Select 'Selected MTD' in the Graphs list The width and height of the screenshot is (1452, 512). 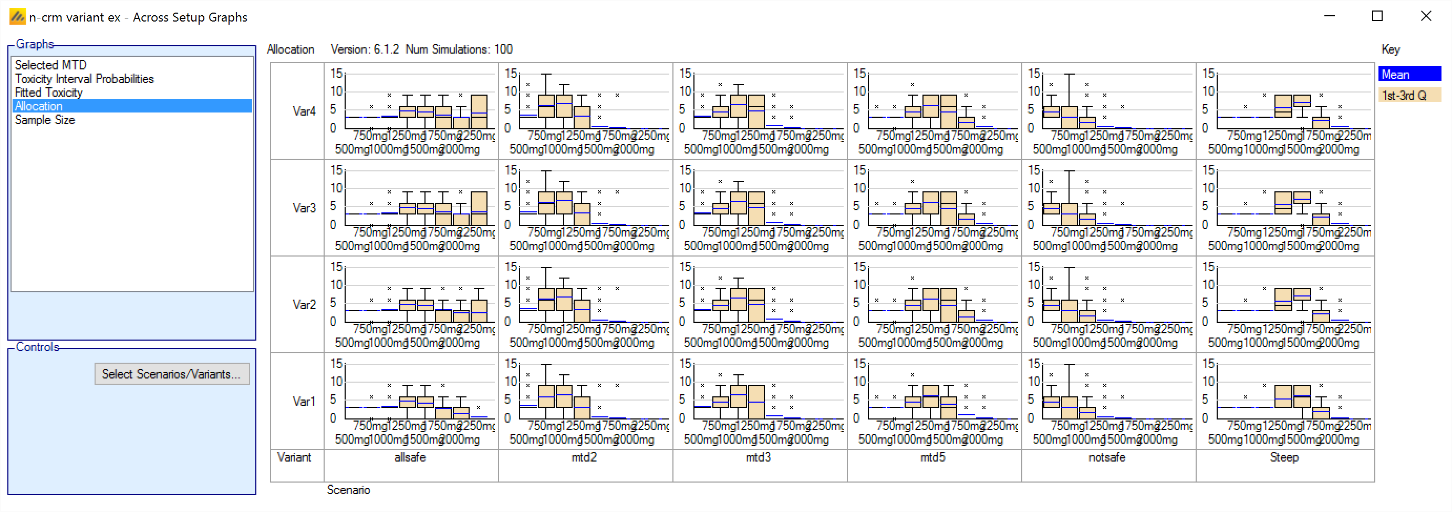(51, 65)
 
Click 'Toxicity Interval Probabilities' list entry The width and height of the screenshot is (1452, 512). (84, 79)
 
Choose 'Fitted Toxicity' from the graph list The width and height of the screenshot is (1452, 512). (48, 93)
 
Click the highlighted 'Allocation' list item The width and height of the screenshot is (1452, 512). (39, 106)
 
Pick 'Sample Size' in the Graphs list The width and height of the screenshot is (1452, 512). (45, 120)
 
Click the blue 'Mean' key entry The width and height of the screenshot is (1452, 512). (1408, 75)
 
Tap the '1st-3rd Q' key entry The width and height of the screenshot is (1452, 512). (1408, 95)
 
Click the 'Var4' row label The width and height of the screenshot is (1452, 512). (304, 111)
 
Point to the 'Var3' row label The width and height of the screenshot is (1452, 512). (304, 208)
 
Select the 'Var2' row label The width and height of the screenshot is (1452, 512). (304, 304)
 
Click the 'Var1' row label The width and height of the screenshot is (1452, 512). (304, 402)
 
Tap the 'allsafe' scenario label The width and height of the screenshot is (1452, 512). (410, 457)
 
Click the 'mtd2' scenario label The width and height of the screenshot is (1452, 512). (584, 457)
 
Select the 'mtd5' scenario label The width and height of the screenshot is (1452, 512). (933, 457)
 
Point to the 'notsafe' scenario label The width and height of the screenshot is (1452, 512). (1107, 457)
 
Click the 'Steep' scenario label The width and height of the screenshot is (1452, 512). (1284, 457)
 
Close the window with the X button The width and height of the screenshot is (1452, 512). (1426, 16)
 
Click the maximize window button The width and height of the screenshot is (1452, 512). (1377, 16)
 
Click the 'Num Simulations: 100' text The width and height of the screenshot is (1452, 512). (459, 49)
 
